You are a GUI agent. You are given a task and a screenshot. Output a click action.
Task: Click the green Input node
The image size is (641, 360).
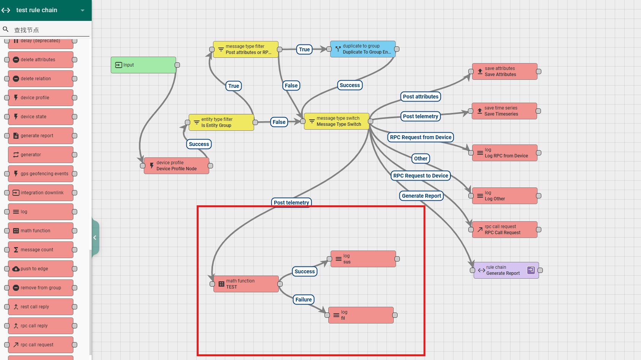tap(143, 65)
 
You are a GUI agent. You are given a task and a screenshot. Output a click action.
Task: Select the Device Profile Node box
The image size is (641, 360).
tap(177, 166)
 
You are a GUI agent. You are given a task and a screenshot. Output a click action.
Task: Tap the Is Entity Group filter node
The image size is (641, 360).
tap(221, 122)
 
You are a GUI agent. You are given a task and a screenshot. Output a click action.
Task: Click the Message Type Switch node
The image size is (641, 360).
tap(337, 121)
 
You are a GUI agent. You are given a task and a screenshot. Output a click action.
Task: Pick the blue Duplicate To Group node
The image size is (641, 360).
tap(363, 49)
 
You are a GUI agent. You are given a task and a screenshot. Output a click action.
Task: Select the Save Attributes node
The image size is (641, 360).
tap(504, 71)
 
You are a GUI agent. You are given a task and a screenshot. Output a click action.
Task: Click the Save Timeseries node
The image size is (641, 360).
tap(504, 111)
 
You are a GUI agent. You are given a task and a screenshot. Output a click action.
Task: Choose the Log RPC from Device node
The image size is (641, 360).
tap(504, 153)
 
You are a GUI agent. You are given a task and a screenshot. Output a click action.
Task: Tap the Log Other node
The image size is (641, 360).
tap(504, 196)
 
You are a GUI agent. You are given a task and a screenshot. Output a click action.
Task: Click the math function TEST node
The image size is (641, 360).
tap(246, 284)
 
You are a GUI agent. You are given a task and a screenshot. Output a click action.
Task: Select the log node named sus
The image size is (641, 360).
tap(363, 259)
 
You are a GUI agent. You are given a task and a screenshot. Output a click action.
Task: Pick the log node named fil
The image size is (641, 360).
tap(361, 315)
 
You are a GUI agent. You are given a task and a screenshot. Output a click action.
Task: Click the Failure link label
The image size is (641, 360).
tap(304, 300)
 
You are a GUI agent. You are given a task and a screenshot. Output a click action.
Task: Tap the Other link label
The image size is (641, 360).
tap(421, 159)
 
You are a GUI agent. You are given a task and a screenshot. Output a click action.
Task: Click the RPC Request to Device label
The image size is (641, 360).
tap(421, 176)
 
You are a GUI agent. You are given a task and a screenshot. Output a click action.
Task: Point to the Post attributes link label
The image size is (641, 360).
tap(421, 97)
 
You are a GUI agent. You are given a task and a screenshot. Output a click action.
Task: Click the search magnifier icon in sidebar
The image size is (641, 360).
tap(6, 29)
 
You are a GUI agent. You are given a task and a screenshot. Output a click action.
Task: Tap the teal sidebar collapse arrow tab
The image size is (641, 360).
tap(95, 238)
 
